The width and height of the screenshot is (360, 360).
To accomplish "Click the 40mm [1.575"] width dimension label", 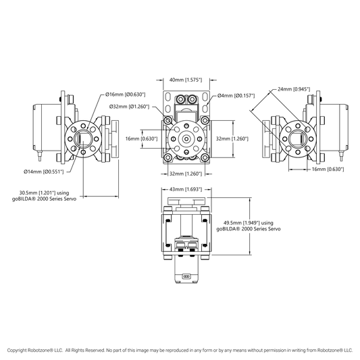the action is (186, 80).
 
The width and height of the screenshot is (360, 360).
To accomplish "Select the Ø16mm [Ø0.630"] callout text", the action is (126, 95).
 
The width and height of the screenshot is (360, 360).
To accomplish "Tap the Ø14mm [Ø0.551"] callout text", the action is (44, 172).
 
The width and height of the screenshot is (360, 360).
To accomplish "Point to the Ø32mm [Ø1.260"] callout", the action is (129, 107).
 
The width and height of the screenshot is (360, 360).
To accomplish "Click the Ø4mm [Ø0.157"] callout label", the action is (236, 95).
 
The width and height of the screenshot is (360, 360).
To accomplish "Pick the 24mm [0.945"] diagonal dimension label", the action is (294, 89).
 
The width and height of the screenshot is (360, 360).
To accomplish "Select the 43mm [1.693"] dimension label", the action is (186, 189).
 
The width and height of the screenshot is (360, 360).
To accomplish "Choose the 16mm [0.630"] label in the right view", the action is (328, 170).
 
